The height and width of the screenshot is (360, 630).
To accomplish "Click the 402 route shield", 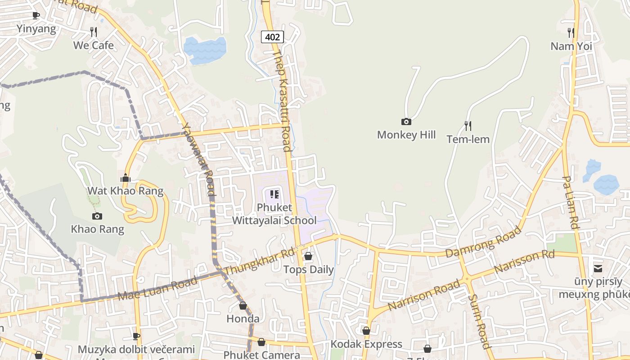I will (x=273, y=37).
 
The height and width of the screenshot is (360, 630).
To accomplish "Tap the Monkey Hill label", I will (x=406, y=135).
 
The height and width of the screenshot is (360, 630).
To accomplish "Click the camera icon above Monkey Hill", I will (x=406, y=121).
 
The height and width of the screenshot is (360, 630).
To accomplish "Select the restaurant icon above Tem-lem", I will (x=468, y=126).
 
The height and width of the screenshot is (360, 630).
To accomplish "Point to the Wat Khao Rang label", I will (x=125, y=191).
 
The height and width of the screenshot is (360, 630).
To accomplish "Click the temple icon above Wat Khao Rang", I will (x=126, y=178).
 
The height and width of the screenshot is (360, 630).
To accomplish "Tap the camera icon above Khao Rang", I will (x=97, y=216).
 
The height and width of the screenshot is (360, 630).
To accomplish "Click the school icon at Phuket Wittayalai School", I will (x=274, y=195).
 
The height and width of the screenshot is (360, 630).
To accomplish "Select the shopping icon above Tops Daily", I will (x=308, y=256).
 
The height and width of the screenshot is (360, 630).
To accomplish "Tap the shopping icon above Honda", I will (x=243, y=306).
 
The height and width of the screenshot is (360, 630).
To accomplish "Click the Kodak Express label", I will (x=366, y=344).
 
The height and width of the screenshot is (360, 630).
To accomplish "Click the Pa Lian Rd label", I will (x=570, y=202).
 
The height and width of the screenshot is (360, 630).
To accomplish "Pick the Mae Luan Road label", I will (x=157, y=288).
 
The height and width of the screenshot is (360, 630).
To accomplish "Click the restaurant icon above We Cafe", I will (x=94, y=31).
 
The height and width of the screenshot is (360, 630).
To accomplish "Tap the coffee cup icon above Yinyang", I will (x=36, y=15).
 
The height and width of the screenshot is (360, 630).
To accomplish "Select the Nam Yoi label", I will (x=571, y=46).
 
